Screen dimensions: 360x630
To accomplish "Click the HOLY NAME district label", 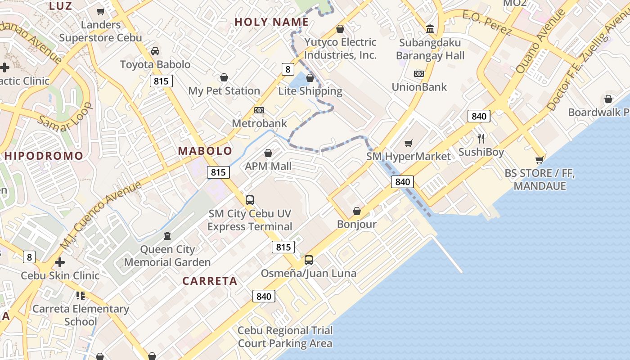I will point(271,22).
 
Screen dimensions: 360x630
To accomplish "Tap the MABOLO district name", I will point(205,151).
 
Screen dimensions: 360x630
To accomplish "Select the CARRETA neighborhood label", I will point(210,281).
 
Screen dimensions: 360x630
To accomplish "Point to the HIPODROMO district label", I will point(44,156).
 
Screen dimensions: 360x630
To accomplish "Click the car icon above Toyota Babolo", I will point(155,51).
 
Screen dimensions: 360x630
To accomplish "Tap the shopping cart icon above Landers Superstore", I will point(101,11).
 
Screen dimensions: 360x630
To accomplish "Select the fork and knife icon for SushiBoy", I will point(481,138).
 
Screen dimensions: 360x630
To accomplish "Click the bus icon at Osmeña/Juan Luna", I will point(309,260).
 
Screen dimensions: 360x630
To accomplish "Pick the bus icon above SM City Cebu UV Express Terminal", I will point(249,200).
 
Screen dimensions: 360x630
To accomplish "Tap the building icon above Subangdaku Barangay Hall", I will point(430,29).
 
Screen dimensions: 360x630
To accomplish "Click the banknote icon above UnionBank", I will point(419,73).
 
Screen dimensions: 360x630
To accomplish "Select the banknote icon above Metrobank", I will point(259,110).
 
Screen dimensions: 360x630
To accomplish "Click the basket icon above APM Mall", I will point(268,153).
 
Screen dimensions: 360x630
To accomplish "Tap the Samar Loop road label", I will point(66,118).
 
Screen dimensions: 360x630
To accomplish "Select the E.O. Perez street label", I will point(487,22).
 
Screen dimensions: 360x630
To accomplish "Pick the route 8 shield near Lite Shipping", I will point(288,69).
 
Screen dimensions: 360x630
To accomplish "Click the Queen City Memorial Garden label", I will point(167,256).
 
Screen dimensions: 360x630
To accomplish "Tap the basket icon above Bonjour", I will point(357,211).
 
